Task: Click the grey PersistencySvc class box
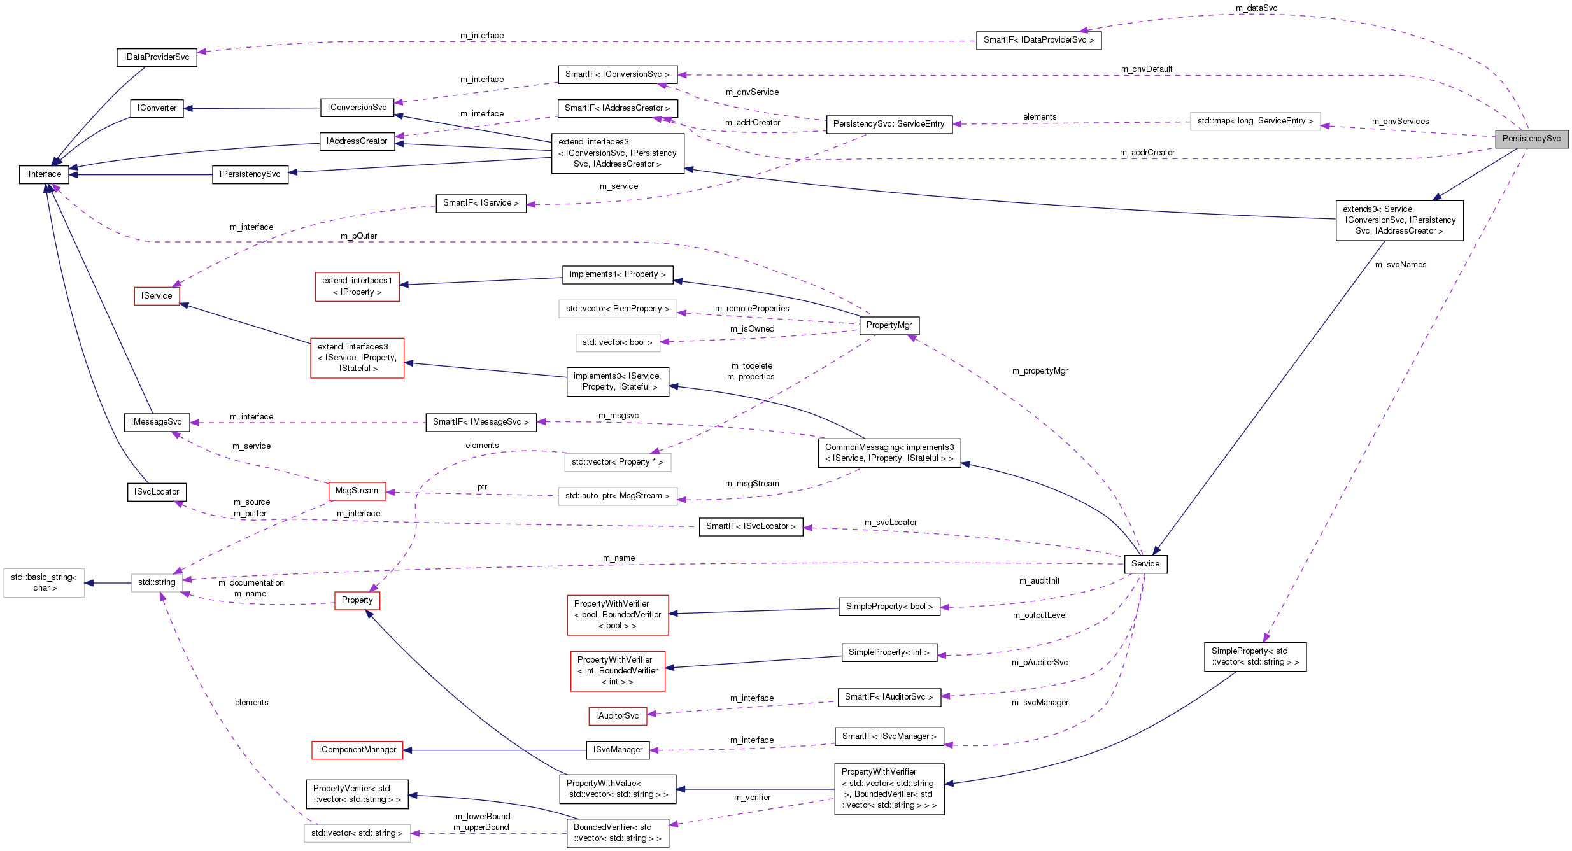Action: tap(1531, 139)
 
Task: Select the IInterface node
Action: tap(44, 174)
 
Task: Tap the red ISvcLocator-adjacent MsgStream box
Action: tap(357, 491)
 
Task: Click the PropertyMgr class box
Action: tap(889, 325)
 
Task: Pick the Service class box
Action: tap(1145, 564)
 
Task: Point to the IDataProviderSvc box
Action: tap(157, 57)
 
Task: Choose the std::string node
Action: tap(157, 582)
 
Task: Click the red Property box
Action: tap(357, 600)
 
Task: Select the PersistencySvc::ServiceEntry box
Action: tap(889, 124)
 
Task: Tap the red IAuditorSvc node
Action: tap(617, 716)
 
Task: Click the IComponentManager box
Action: tap(357, 750)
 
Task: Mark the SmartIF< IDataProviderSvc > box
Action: tap(1038, 40)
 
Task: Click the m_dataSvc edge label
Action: tap(1256, 8)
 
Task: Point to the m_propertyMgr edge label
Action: tap(1040, 371)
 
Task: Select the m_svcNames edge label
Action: tap(1401, 265)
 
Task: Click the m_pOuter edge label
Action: tap(358, 236)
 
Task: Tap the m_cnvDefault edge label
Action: tap(1147, 69)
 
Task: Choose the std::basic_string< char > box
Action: tap(44, 582)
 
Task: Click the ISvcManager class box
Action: tap(618, 750)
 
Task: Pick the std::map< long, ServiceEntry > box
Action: tap(1255, 121)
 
